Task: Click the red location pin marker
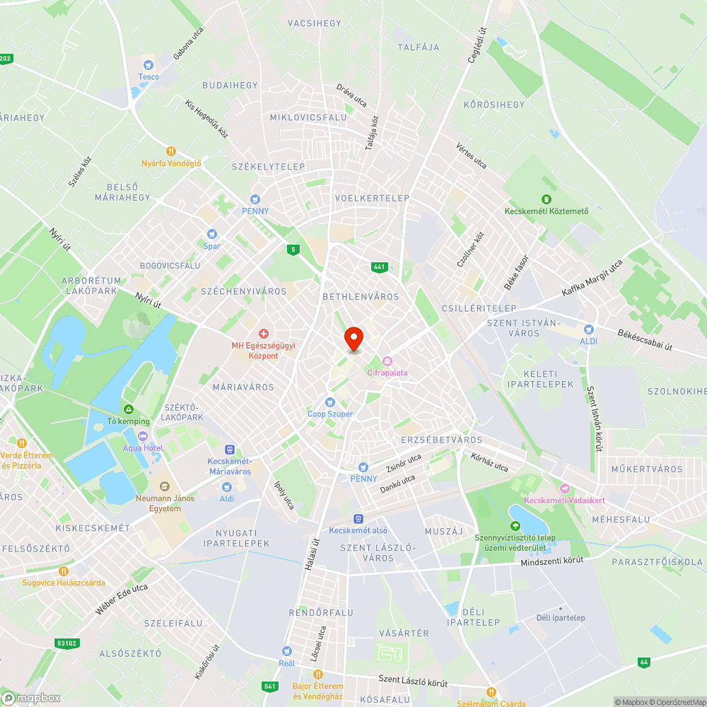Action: (x=353, y=339)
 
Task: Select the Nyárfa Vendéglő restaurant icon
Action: (x=170, y=151)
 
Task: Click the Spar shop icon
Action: (x=211, y=234)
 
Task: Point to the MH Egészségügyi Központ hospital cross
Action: (x=264, y=333)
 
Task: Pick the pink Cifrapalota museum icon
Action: (x=386, y=361)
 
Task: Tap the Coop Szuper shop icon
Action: (x=329, y=402)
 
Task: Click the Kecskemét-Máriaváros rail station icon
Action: (x=229, y=450)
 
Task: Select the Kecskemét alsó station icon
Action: (x=358, y=518)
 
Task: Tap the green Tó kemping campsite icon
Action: (x=128, y=409)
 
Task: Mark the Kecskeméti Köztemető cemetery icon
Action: (x=546, y=199)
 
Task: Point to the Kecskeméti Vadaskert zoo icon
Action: (x=564, y=489)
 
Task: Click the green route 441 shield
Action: (x=380, y=267)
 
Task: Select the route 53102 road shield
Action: (x=66, y=643)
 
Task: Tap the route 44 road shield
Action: (x=643, y=662)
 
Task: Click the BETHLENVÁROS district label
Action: (x=361, y=297)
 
